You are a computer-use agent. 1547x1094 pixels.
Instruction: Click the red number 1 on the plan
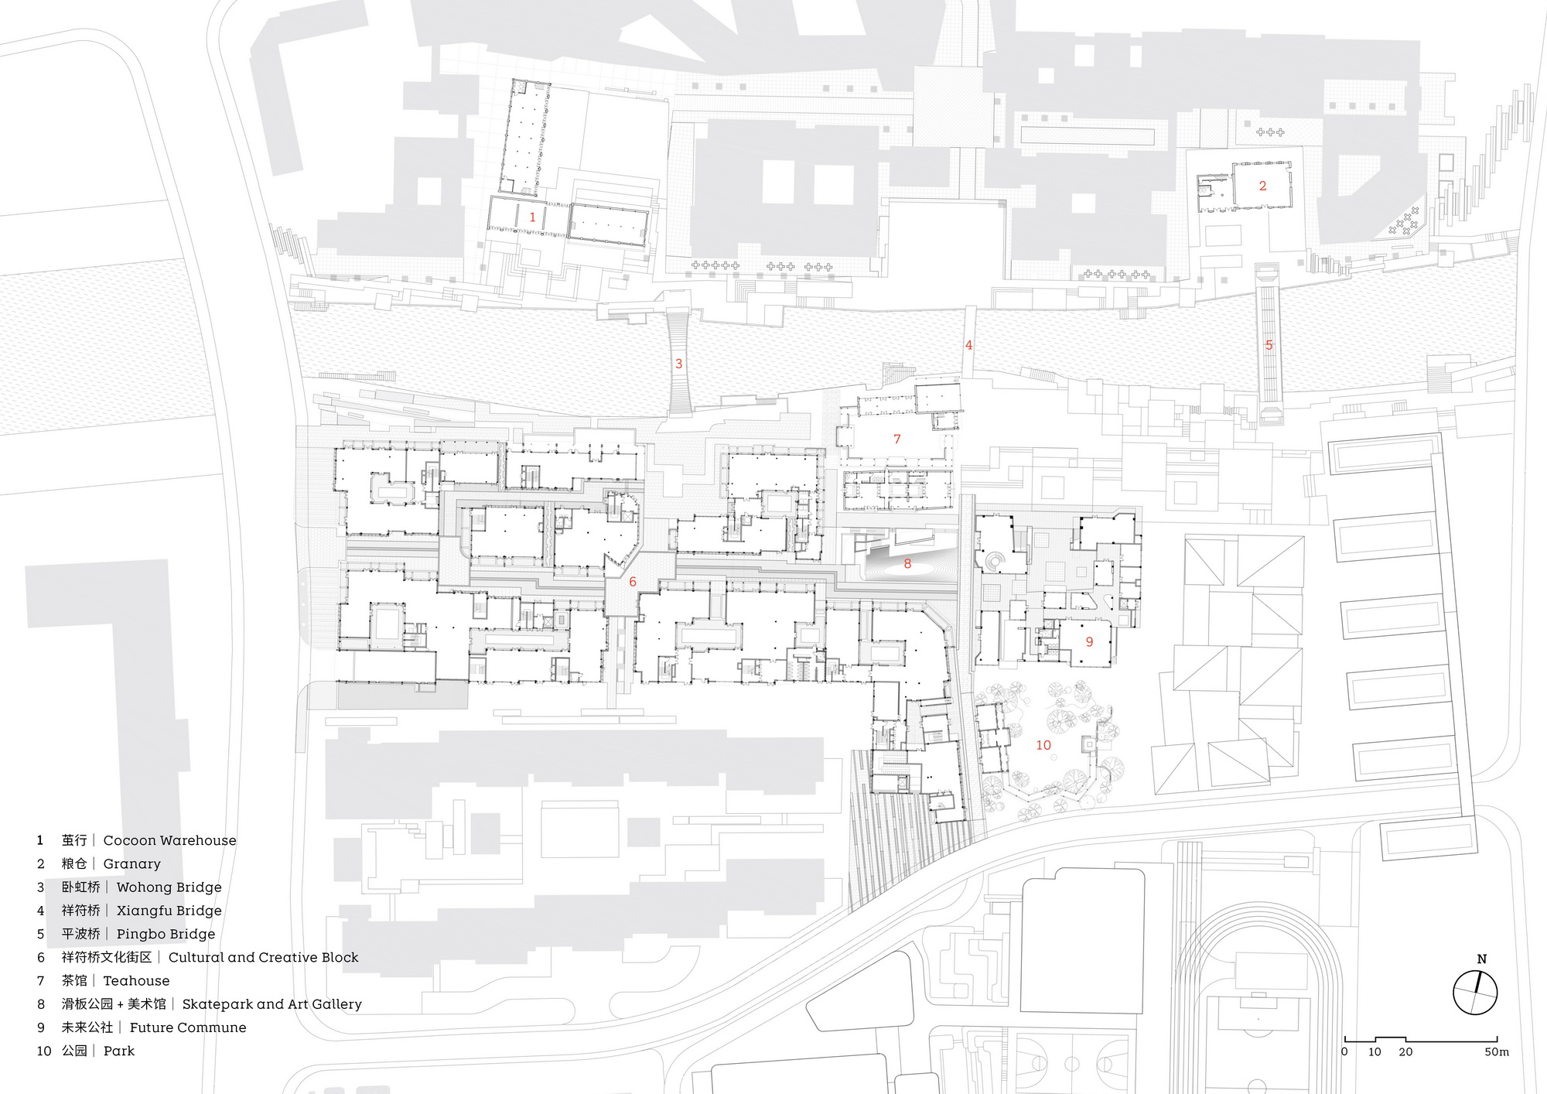(532, 217)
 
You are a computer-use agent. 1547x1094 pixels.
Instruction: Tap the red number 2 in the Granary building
(1263, 186)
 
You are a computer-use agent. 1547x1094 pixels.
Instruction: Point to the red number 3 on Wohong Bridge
(679, 364)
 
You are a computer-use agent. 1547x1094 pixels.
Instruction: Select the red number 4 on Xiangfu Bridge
(968, 346)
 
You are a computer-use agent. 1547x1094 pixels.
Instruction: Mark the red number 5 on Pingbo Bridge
(1269, 345)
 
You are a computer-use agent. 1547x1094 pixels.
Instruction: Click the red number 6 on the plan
(633, 582)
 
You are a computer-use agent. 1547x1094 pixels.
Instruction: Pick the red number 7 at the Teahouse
(897, 439)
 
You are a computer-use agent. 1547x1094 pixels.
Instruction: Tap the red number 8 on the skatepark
(907, 564)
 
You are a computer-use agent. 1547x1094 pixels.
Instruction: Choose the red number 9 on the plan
(1090, 641)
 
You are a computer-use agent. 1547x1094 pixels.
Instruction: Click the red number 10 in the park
(1043, 745)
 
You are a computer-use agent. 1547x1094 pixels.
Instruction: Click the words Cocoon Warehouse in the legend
(170, 840)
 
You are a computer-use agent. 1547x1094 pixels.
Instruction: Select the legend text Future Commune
(188, 1027)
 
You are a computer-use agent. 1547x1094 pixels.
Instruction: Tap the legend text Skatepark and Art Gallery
(272, 1004)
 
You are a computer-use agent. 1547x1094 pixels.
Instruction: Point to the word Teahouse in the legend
(136, 981)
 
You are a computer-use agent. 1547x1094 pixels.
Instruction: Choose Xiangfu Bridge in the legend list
(169, 911)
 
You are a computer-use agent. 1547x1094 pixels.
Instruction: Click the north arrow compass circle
(1475, 993)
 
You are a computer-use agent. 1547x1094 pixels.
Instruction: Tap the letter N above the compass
(1482, 959)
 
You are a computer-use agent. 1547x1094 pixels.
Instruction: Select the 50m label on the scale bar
(1497, 1052)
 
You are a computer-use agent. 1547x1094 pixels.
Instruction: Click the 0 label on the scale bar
(1344, 1052)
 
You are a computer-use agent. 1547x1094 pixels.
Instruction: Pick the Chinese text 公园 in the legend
(74, 1051)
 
